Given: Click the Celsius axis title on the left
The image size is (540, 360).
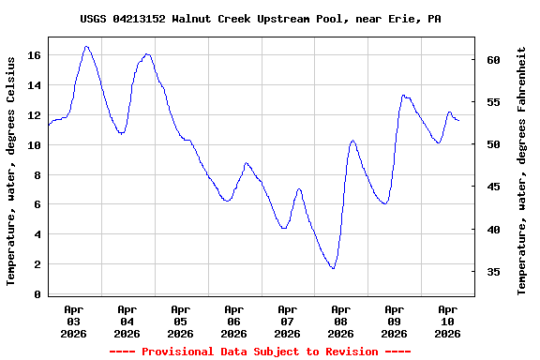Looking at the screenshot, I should coord(11,170).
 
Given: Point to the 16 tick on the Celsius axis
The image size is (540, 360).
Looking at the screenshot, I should coord(35,55).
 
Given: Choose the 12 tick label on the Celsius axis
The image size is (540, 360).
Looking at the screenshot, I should coord(35,115).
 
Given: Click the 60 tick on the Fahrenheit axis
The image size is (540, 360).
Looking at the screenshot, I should coord(494,60).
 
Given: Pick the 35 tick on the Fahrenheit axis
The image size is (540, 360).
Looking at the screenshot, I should coord(494,272).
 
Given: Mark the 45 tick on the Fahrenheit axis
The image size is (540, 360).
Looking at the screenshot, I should coord(494,187).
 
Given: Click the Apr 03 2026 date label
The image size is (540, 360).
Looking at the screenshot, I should coord(73,321).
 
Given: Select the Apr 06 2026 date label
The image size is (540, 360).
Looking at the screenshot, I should coord(233,321).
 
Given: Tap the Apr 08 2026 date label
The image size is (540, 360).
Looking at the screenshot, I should coord(340,321).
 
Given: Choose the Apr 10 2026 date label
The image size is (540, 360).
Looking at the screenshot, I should coord(447,321).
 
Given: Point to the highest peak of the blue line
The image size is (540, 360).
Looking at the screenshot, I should coord(86,46).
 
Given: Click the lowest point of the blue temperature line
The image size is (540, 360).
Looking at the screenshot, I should coord(333,269).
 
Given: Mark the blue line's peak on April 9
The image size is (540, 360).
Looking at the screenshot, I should coord(403,95).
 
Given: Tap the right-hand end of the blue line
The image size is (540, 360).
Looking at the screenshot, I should coord(458,121).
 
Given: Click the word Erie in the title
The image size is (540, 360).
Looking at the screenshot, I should coord(404,19).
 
